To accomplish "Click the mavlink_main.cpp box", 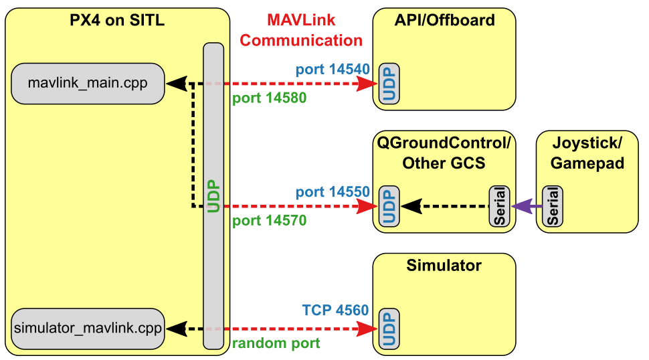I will [x=88, y=84].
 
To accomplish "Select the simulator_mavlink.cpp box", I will [x=88, y=329].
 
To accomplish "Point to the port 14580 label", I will [x=269, y=98].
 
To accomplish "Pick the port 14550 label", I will [x=333, y=191].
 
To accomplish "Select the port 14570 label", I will [x=269, y=220].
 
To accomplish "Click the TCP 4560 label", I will [x=335, y=310].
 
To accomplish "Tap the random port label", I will [x=276, y=343].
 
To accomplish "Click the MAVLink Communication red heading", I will [x=301, y=30].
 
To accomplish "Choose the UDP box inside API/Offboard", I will [x=389, y=84].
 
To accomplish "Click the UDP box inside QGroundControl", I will [x=389, y=206].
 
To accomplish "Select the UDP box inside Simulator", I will [x=389, y=329].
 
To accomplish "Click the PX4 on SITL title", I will [x=117, y=21].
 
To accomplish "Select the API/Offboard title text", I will [x=444, y=20].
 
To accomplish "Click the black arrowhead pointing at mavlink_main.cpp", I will [x=175, y=84].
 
